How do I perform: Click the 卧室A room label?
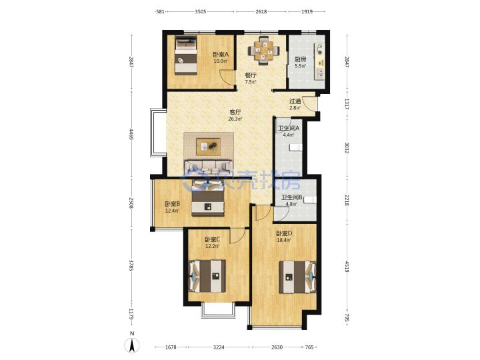(x=221, y=55)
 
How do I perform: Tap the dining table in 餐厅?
(x=263, y=51)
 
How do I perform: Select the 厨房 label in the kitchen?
(x=300, y=59)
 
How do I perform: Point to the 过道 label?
(x=295, y=101)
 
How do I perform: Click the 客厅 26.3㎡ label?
(x=235, y=115)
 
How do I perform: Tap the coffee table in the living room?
(x=209, y=147)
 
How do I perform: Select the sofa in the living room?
(x=208, y=167)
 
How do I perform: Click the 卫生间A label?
(x=289, y=128)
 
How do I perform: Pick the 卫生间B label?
(x=292, y=197)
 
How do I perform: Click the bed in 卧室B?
(x=209, y=199)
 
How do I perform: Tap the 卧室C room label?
(x=212, y=239)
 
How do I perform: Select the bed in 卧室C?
(x=207, y=276)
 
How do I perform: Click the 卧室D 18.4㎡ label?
(x=284, y=237)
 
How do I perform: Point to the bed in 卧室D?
(x=297, y=277)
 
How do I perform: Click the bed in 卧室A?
(x=186, y=55)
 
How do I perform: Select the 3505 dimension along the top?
(x=201, y=11)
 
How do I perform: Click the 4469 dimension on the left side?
(x=131, y=134)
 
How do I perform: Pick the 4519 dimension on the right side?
(x=347, y=267)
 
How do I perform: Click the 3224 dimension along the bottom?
(x=219, y=347)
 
